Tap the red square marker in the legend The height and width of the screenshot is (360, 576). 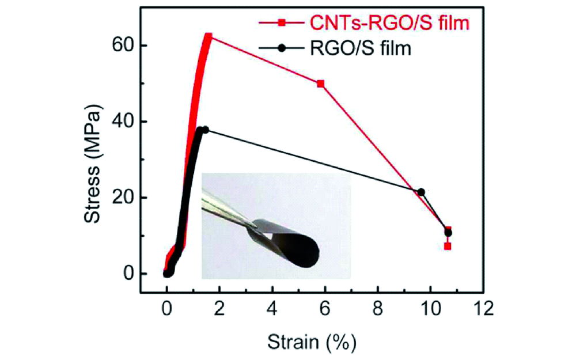pyautogui.click(x=281, y=23)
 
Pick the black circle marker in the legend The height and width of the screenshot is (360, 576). pyautogui.click(x=281, y=49)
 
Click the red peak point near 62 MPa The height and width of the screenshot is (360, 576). pyautogui.click(x=208, y=36)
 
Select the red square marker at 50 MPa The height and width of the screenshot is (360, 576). pyautogui.click(x=321, y=84)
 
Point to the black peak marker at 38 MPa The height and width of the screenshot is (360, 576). pyautogui.click(x=205, y=130)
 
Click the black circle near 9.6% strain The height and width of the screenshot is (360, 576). pyautogui.click(x=421, y=192)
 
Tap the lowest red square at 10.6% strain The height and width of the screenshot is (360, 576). pyautogui.click(x=448, y=246)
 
